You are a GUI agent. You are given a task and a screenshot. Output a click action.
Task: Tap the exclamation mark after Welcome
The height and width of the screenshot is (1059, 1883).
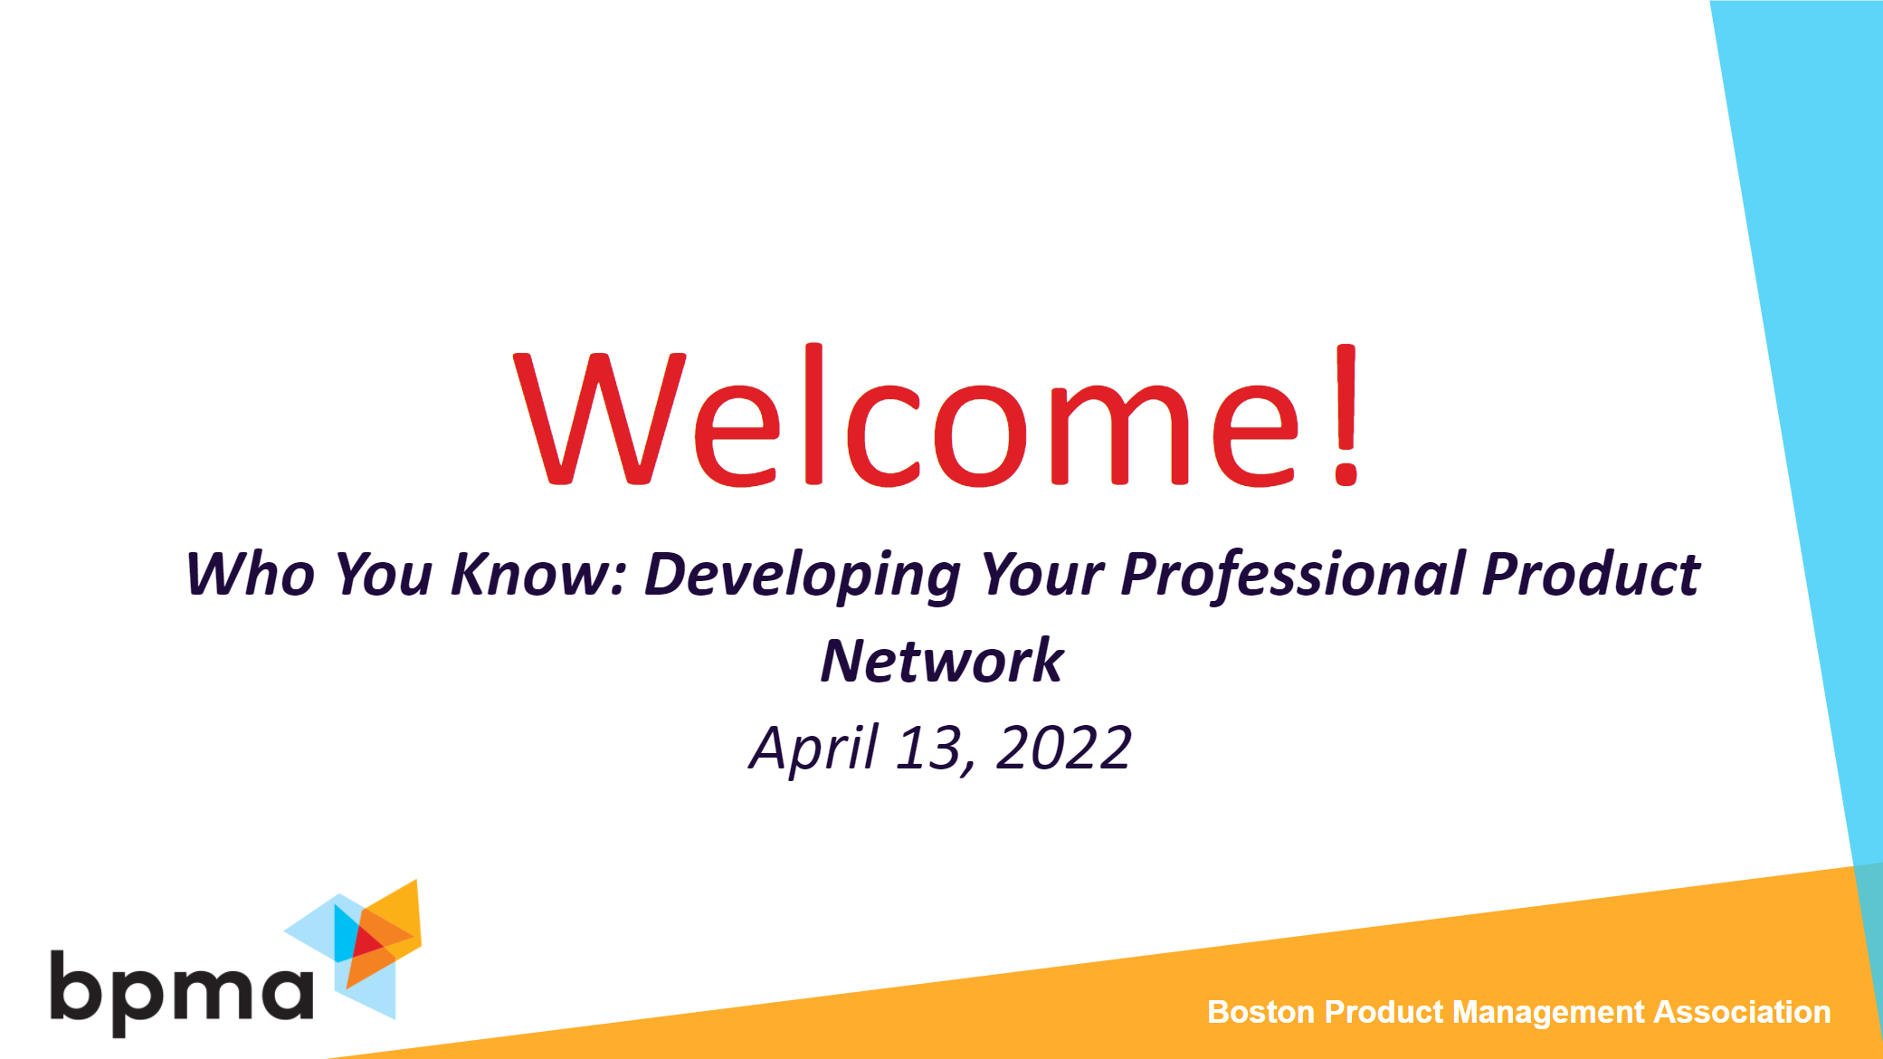click(x=1346, y=416)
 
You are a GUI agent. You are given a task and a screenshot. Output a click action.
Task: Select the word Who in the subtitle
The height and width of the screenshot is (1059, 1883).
click(x=250, y=574)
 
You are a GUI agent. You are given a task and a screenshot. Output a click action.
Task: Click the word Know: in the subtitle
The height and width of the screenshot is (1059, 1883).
click(x=538, y=574)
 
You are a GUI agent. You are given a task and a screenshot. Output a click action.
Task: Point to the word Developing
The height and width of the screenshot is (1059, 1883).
click(x=802, y=576)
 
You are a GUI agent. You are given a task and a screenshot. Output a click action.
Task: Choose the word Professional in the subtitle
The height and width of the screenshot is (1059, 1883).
click(x=1293, y=574)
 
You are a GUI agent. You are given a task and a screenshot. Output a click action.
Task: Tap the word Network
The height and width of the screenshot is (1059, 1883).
click(x=941, y=661)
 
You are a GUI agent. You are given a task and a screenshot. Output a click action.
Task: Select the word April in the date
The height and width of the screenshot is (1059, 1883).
click(x=813, y=749)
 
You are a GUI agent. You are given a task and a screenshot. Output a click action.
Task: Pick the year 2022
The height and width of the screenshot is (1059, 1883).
click(x=1063, y=749)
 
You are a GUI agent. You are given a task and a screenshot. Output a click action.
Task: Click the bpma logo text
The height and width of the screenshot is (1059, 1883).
click(x=181, y=991)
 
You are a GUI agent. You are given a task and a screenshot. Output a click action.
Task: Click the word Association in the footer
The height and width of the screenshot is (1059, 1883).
click(x=1742, y=1012)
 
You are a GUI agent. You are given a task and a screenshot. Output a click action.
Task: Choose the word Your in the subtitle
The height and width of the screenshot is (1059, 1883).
click(x=1041, y=574)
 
